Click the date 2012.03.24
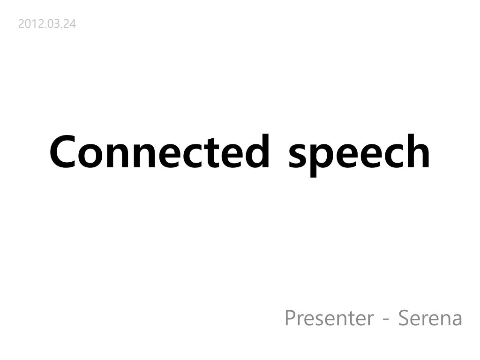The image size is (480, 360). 47,23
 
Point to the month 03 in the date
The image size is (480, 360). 49,23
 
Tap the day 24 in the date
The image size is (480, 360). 69,23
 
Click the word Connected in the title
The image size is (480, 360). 160,152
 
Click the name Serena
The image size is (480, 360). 430,318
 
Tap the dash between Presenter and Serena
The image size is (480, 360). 386,320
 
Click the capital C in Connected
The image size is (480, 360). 63,152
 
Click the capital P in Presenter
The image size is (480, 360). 291,318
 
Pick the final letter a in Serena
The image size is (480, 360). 456,320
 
